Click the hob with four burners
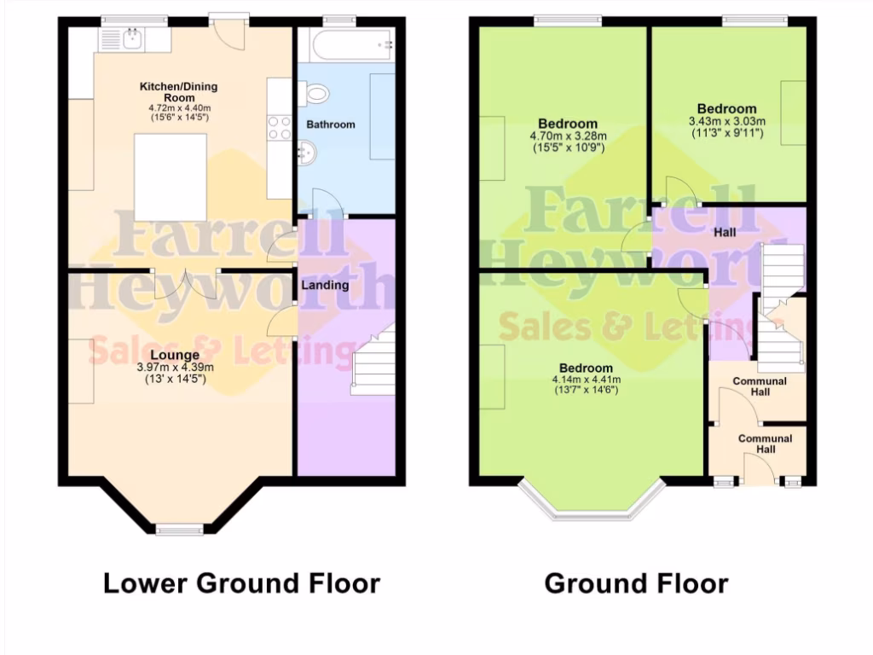tap(280, 128)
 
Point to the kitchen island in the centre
tap(171, 177)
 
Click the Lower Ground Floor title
tap(241, 583)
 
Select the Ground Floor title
tap(636, 583)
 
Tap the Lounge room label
tap(175, 355)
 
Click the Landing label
tap(325, 285)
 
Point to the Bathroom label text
tap(331, 125)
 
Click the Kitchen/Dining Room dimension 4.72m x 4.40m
tap(179, 108)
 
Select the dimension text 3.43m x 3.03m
tap(726, 121)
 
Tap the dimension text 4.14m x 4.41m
tap(586, 380)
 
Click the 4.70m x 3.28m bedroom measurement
tap(568, 136)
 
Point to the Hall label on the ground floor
tap(725, 231)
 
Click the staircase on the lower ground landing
tap(373, 366)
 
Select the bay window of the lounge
tap(180, 530)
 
